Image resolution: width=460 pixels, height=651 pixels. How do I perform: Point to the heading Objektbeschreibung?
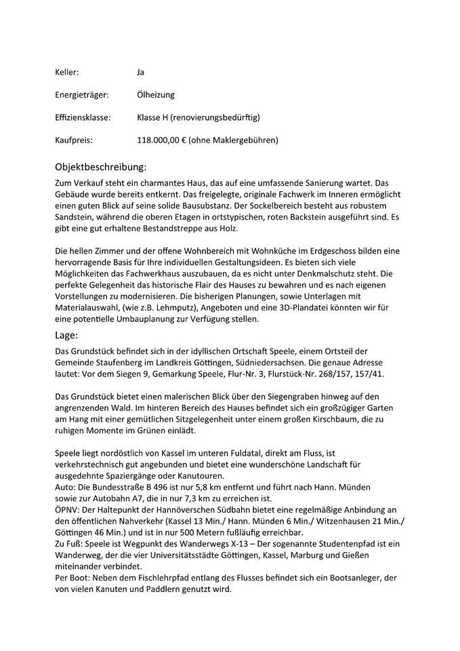pos(100,167)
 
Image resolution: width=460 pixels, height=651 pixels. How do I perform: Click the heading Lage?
pos(66,334)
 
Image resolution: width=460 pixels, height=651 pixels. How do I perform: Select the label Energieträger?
pos(79,95)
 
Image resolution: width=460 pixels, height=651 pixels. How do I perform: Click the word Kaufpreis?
pos(73,140)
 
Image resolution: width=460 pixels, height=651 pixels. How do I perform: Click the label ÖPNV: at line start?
pos(67,509)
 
